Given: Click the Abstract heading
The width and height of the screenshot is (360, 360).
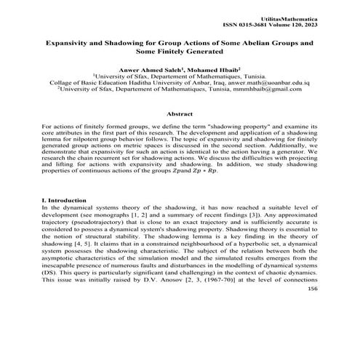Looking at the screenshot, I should coord(180,114).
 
